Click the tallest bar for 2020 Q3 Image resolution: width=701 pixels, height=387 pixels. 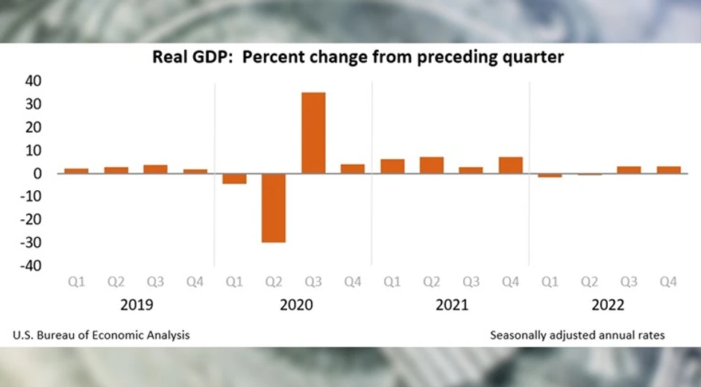[313, 133]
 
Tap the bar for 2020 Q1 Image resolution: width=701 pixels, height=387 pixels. [234, 178]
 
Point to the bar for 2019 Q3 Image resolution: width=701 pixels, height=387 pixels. [155, 169]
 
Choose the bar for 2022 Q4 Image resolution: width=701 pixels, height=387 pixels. [668, 170]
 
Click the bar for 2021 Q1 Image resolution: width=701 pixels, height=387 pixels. [392, 166]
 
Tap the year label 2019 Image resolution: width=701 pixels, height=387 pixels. [136, 306]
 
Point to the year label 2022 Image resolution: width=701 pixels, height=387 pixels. [609, 306]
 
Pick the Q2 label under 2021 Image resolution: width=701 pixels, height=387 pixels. [432, 282]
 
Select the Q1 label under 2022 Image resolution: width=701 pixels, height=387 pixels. [550, 282]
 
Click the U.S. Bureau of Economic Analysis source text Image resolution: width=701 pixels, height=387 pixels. [101, 335]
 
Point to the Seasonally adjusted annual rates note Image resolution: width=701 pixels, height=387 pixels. [577, 335]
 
